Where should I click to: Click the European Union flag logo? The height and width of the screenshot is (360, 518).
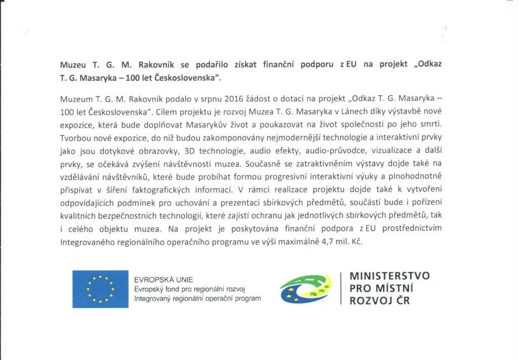100,289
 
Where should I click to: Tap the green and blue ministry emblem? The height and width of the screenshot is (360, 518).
306,288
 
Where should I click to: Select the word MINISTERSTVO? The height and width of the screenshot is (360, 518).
390,276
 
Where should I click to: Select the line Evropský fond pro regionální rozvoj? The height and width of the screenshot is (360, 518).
189,289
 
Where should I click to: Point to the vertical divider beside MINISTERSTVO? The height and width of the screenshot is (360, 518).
341,288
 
